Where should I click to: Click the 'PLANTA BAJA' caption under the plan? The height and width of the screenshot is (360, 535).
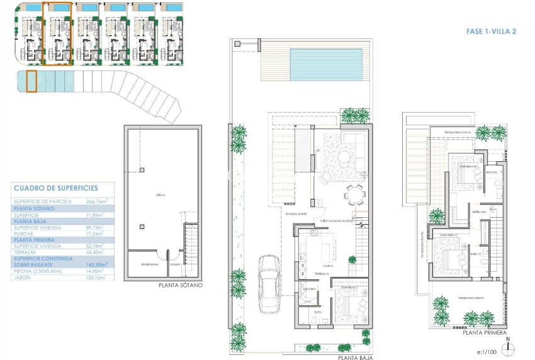355,357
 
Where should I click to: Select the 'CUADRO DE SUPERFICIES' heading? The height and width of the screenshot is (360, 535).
55,188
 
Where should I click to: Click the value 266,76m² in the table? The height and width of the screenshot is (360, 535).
97,201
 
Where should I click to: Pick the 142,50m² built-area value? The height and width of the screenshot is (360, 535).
97,265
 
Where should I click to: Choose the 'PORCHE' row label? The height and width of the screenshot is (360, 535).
25,233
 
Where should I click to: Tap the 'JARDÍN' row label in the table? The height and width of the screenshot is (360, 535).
24,277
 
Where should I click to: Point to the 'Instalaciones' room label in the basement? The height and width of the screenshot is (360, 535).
149,264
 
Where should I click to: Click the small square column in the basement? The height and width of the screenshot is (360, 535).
143,169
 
